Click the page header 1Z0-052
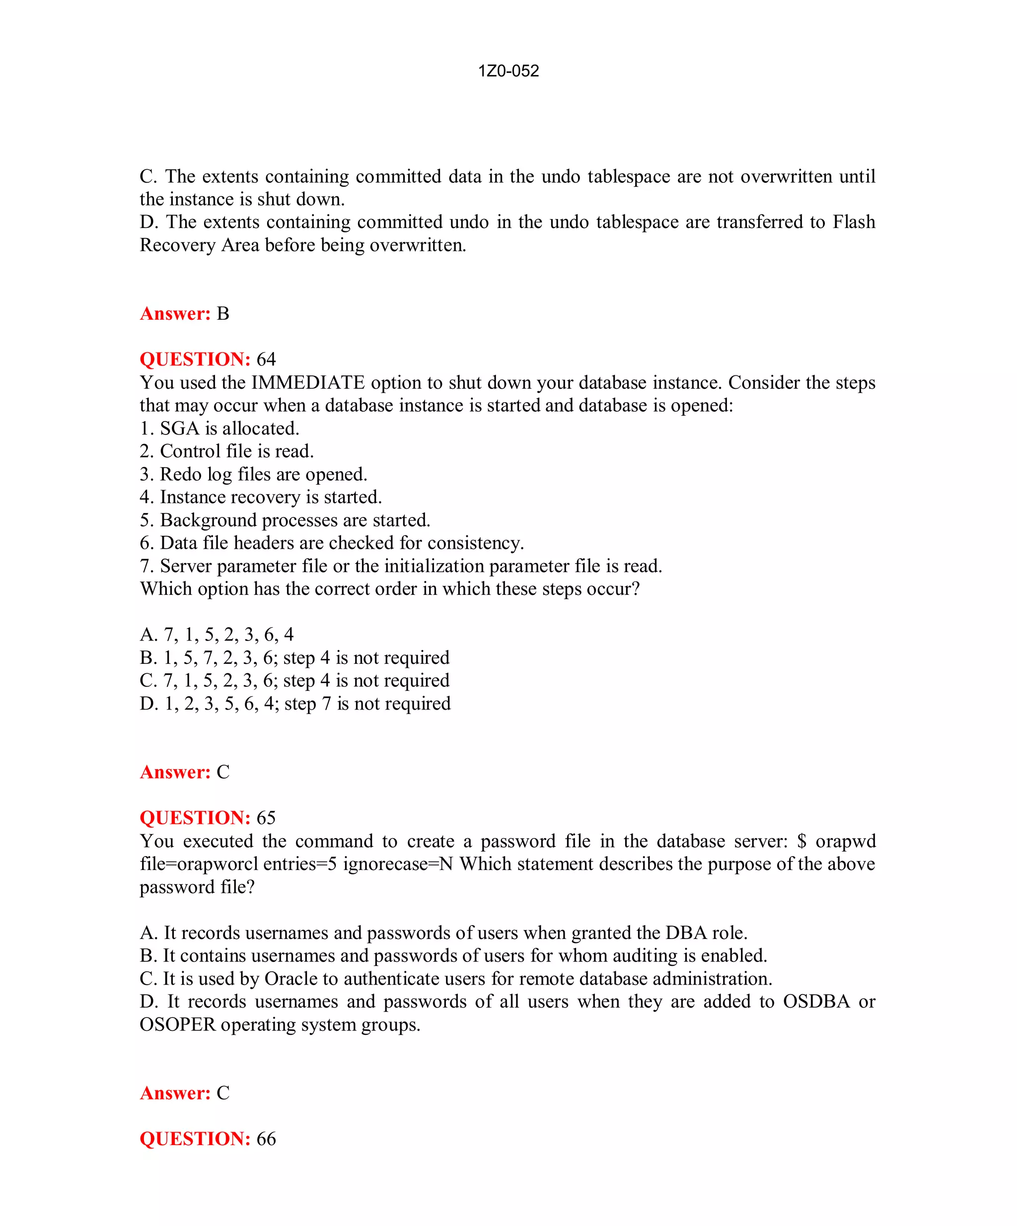[508, 71]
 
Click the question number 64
[266, 359]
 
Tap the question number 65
[266, 817]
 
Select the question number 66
[266, 1139]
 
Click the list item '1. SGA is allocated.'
[219, 429]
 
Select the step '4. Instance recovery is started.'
[260, 497]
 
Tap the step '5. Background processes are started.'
[285, 520]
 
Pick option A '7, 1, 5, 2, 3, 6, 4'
[217, 635]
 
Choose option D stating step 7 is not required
[295, 704]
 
